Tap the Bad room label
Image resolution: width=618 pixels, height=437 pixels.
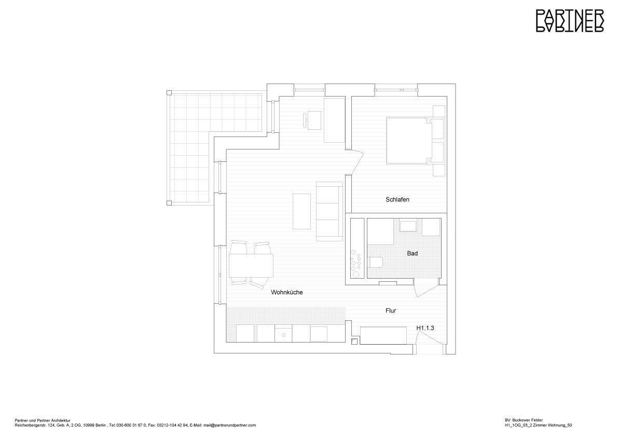click(413, 254)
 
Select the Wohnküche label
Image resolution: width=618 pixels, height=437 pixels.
click(286, 293)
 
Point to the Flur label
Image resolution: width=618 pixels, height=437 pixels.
click(391, 311)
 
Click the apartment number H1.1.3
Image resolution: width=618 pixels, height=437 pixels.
click(425, 329)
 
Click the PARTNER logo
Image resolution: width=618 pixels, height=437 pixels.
click(569, 21)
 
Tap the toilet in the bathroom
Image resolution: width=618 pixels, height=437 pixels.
click(375, 262)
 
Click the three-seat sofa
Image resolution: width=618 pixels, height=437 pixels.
click(329, 211)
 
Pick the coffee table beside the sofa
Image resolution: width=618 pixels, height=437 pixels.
click(301, 211)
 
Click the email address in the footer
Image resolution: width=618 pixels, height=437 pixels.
click(229, 425)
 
